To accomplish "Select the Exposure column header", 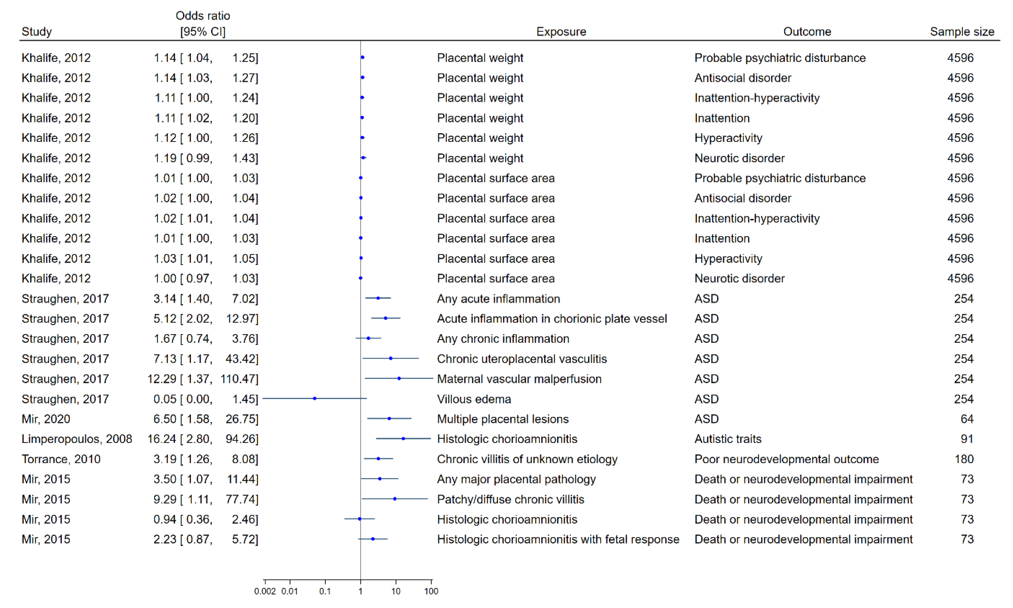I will [x=561, y=32].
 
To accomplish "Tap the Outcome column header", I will [x=807, y=32].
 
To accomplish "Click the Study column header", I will [x=36, y=32].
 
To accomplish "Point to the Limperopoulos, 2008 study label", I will [x=77, y=439].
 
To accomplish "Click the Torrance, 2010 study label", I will [x=61, y=459].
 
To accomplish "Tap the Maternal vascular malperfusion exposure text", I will [x=519, y=379].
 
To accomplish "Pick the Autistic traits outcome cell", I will [x=728, y=439].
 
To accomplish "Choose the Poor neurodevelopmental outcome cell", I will [x=786, y=459].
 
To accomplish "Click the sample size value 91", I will [x=967, y=439].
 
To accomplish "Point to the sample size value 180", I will [x=964, y=459].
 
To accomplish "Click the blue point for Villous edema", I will [x=315, y=398].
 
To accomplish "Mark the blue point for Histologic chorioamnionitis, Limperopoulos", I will [x=404, y=438].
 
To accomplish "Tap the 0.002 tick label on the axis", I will [x=265, y=591].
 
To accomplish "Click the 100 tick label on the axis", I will [x=431, y=591].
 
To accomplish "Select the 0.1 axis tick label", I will [x=325, y=591].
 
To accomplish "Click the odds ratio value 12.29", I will [x=162, y=379].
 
